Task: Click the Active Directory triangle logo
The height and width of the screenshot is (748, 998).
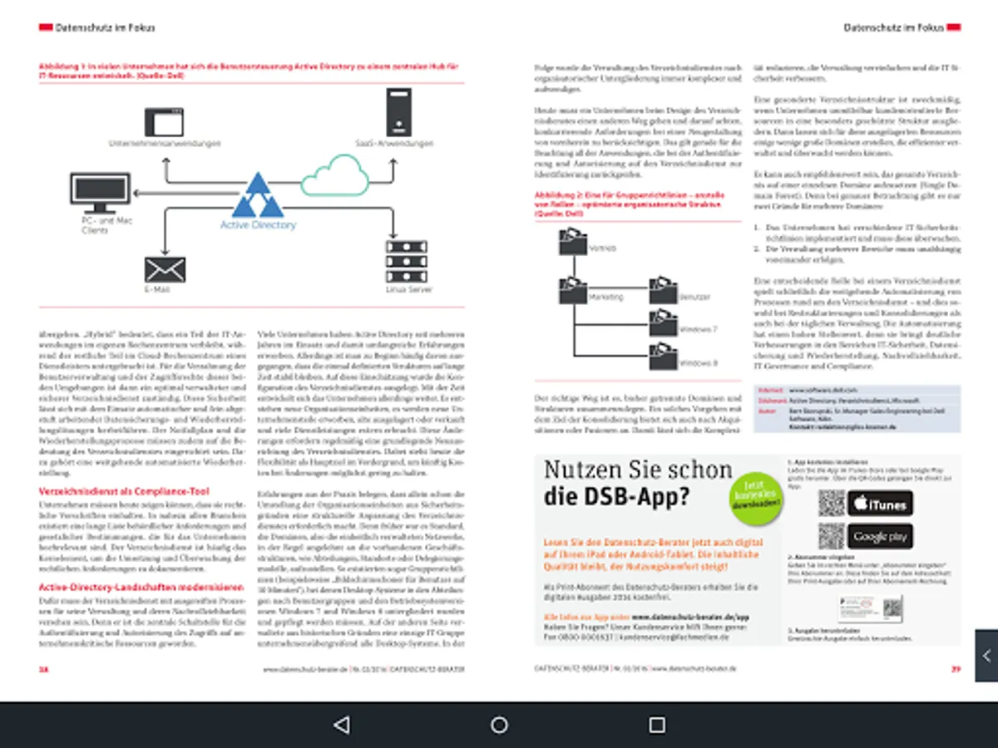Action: point(258,197)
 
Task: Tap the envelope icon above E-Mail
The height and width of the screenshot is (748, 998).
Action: point(165,269)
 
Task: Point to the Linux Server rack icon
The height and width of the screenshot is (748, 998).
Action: point(406,263)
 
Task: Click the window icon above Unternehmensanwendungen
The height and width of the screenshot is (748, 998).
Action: point(164,122)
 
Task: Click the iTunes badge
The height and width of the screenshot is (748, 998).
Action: point(880,504)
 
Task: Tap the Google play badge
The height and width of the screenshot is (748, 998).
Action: point(880,537)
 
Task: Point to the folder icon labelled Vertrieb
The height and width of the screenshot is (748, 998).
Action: point(573,243)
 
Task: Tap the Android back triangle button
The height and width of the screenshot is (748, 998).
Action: point(341,725)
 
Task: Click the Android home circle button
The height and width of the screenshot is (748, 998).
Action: point(499,725)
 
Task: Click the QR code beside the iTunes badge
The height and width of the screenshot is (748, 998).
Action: point(831,503)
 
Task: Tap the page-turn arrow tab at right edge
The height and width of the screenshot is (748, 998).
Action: point(986,656)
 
